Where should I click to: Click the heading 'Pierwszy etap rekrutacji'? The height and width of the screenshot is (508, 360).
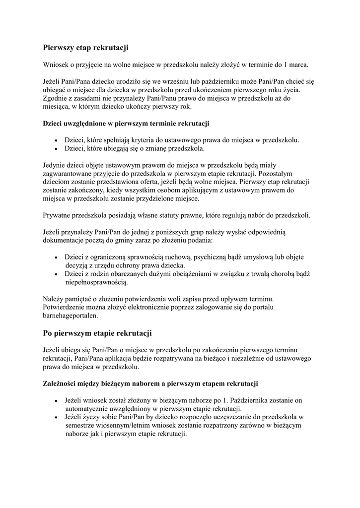coord(85,48)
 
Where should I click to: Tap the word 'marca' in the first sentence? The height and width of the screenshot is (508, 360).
coord(298,64)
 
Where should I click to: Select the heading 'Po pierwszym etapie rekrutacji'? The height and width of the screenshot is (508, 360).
coord(97,332)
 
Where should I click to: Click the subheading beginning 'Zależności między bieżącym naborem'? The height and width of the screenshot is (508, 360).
coord(149,384)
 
